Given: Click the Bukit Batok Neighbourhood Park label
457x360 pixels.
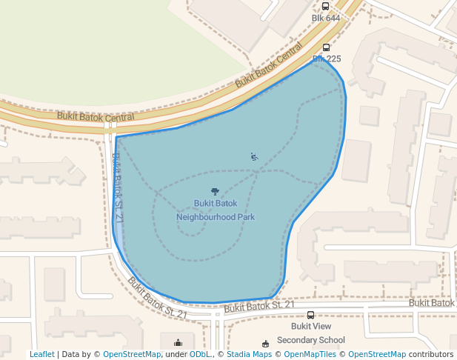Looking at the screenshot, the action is click(x=216, y=210).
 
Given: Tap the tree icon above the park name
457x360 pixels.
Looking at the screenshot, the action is click(x=216, y=192).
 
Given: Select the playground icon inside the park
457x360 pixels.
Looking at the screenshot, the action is click(x=254, y=156).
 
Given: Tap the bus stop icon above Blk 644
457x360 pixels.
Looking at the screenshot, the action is click(x=325, y=6).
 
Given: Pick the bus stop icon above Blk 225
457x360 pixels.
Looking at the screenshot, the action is click(x=326, y=47).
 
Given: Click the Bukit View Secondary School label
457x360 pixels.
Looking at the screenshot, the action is click(x=310, y=333).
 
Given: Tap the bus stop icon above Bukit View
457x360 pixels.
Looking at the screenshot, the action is click(x=310, y=316).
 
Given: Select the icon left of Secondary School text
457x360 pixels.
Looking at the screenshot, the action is click(x=266, y=343).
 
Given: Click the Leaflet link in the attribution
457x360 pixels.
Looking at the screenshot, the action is click(x=41, y=355).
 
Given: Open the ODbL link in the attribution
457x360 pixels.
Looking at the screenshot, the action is click(x=200, y=355).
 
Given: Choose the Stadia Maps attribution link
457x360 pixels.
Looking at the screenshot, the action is click(x=249, y=355).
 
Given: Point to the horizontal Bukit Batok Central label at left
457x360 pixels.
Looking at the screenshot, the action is click(x=96, y=116).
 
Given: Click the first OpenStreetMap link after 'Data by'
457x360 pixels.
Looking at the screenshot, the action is click(x=132, y=355).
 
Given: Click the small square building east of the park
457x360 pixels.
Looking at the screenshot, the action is click(x=369, y=116).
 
